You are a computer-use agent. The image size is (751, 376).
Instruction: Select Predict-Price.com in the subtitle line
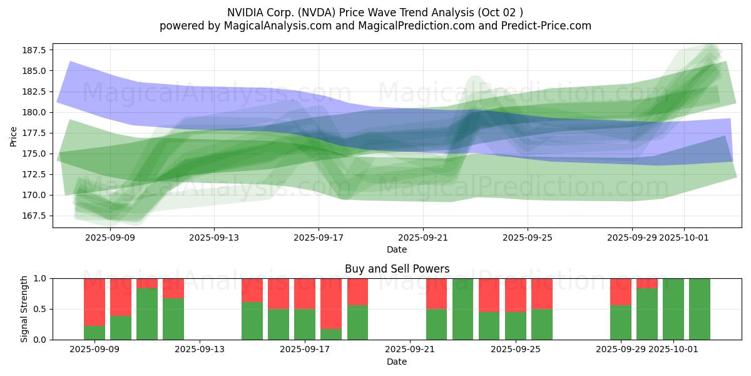click(543, 26)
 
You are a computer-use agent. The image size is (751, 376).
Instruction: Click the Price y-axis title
click(14, 135)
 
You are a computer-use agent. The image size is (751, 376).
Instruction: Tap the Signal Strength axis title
click(24, 309)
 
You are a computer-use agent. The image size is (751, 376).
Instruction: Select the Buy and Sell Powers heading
click(397, 269)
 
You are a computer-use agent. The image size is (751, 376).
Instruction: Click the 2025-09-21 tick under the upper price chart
click(423, 238)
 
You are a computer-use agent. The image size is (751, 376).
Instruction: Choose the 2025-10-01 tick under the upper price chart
click(684, 238)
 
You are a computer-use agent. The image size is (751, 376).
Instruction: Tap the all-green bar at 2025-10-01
click(673, 309)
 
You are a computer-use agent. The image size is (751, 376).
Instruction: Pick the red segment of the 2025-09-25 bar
click(516, 295)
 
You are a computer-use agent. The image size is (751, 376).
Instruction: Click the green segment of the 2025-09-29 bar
click(621, 322)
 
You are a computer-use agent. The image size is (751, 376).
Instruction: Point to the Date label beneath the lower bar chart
click(397, 362)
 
